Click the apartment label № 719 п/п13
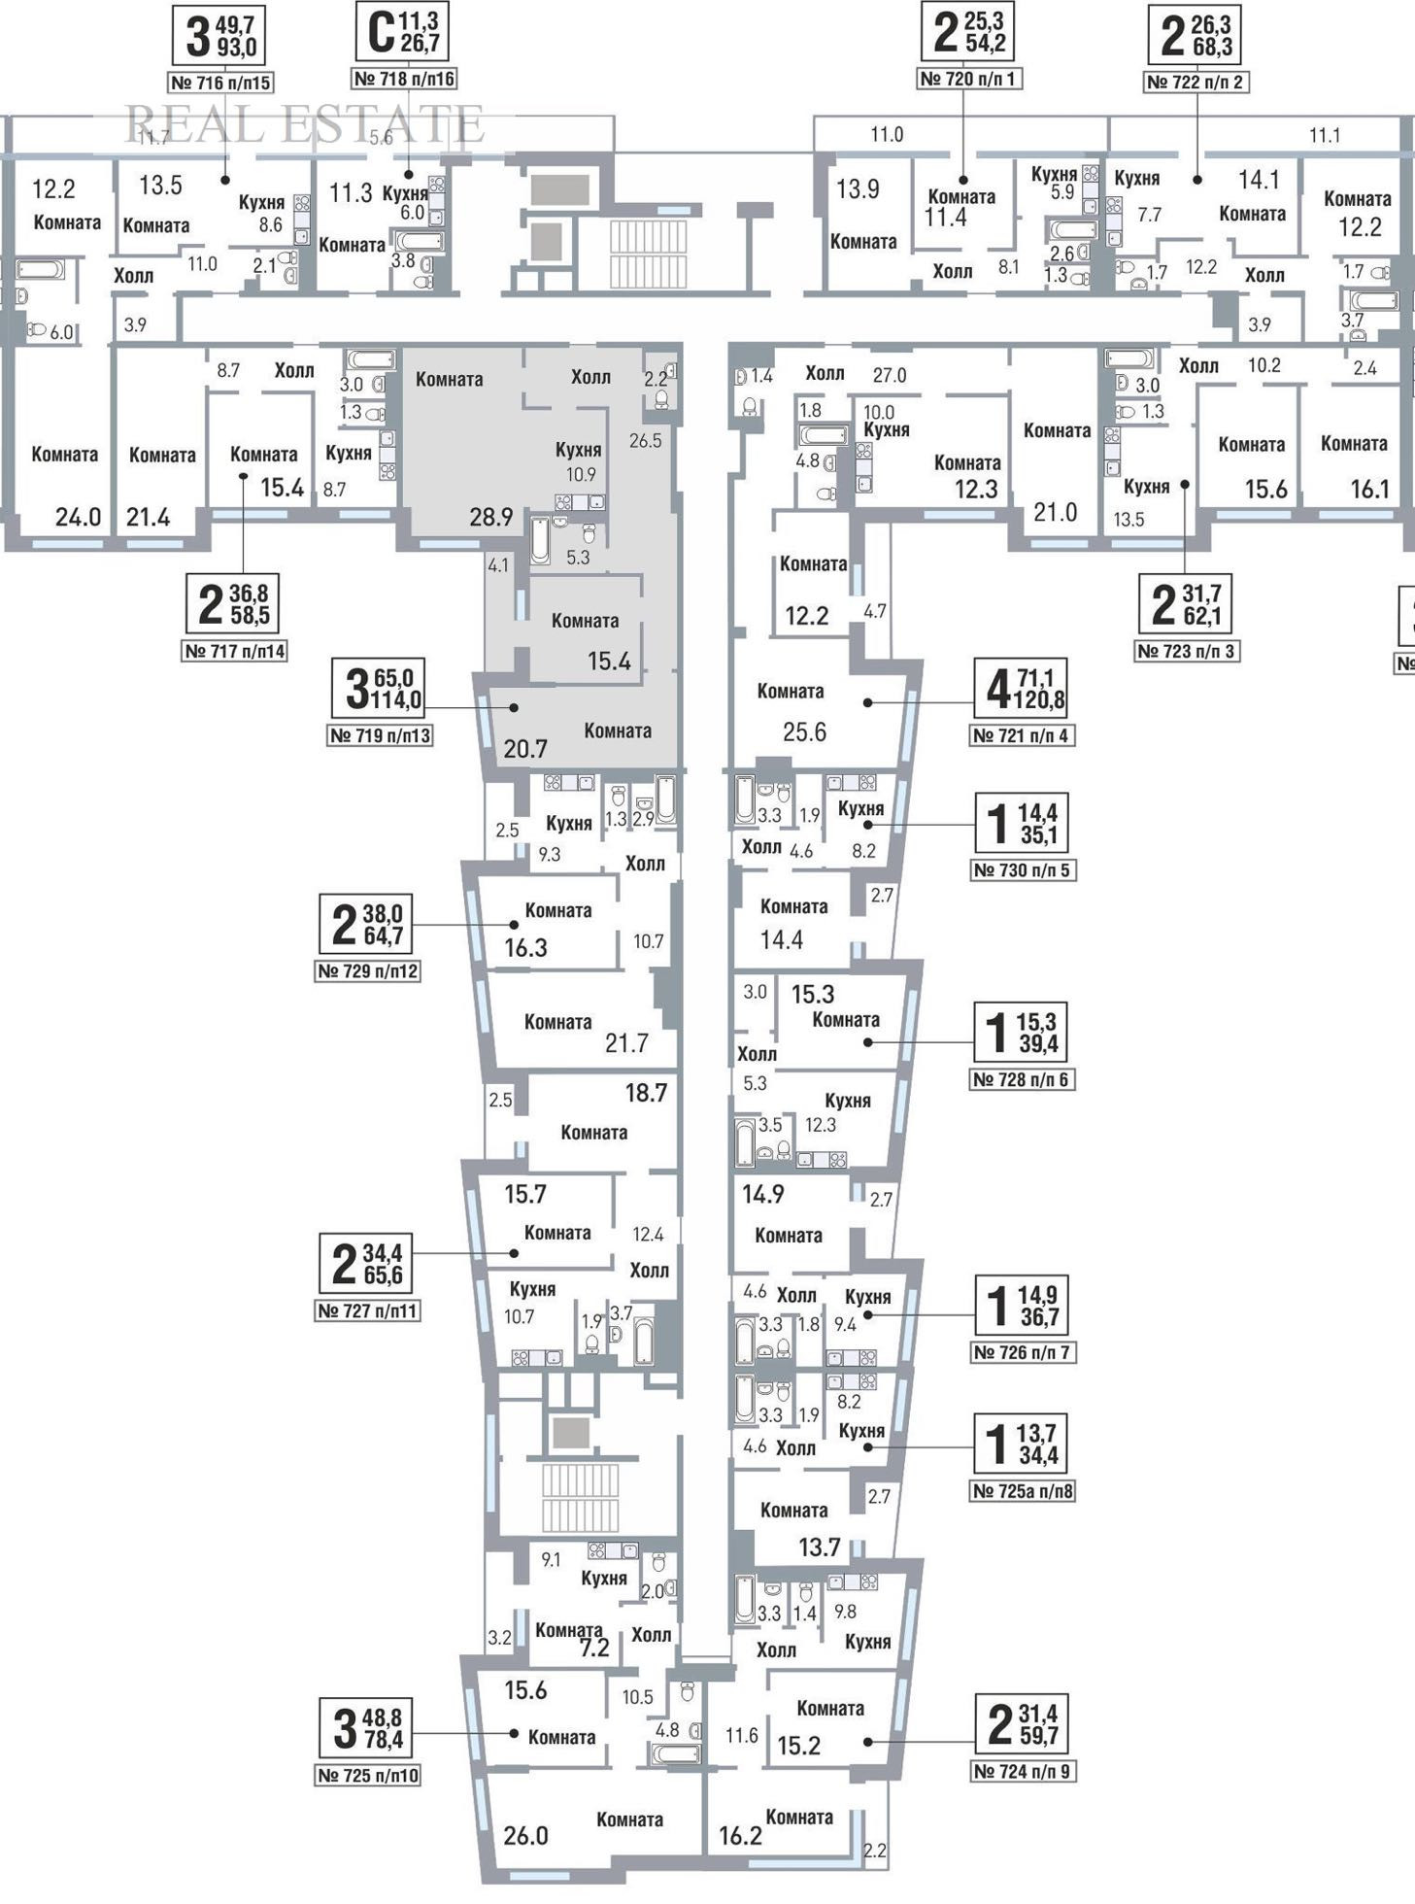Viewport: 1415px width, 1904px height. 380,735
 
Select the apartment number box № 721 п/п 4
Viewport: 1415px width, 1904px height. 1023,735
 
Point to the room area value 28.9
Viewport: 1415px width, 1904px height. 490,517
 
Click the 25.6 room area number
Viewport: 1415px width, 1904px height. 804,731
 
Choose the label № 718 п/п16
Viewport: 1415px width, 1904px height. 404,79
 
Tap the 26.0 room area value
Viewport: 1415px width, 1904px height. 525,1835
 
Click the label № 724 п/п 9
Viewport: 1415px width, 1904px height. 1023,1771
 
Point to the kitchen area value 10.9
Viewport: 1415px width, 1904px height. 581,475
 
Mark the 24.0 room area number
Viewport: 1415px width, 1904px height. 78,517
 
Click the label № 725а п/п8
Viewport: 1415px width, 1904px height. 1023,1490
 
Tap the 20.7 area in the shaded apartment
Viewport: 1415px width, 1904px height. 525,748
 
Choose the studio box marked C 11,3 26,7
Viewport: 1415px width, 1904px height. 404,32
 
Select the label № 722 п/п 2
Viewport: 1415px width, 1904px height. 1196,82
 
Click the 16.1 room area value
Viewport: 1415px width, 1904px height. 1369,489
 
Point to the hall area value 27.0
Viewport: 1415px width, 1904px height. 889,375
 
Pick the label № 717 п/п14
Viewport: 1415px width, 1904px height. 234,651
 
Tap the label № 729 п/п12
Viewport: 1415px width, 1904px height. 368,970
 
